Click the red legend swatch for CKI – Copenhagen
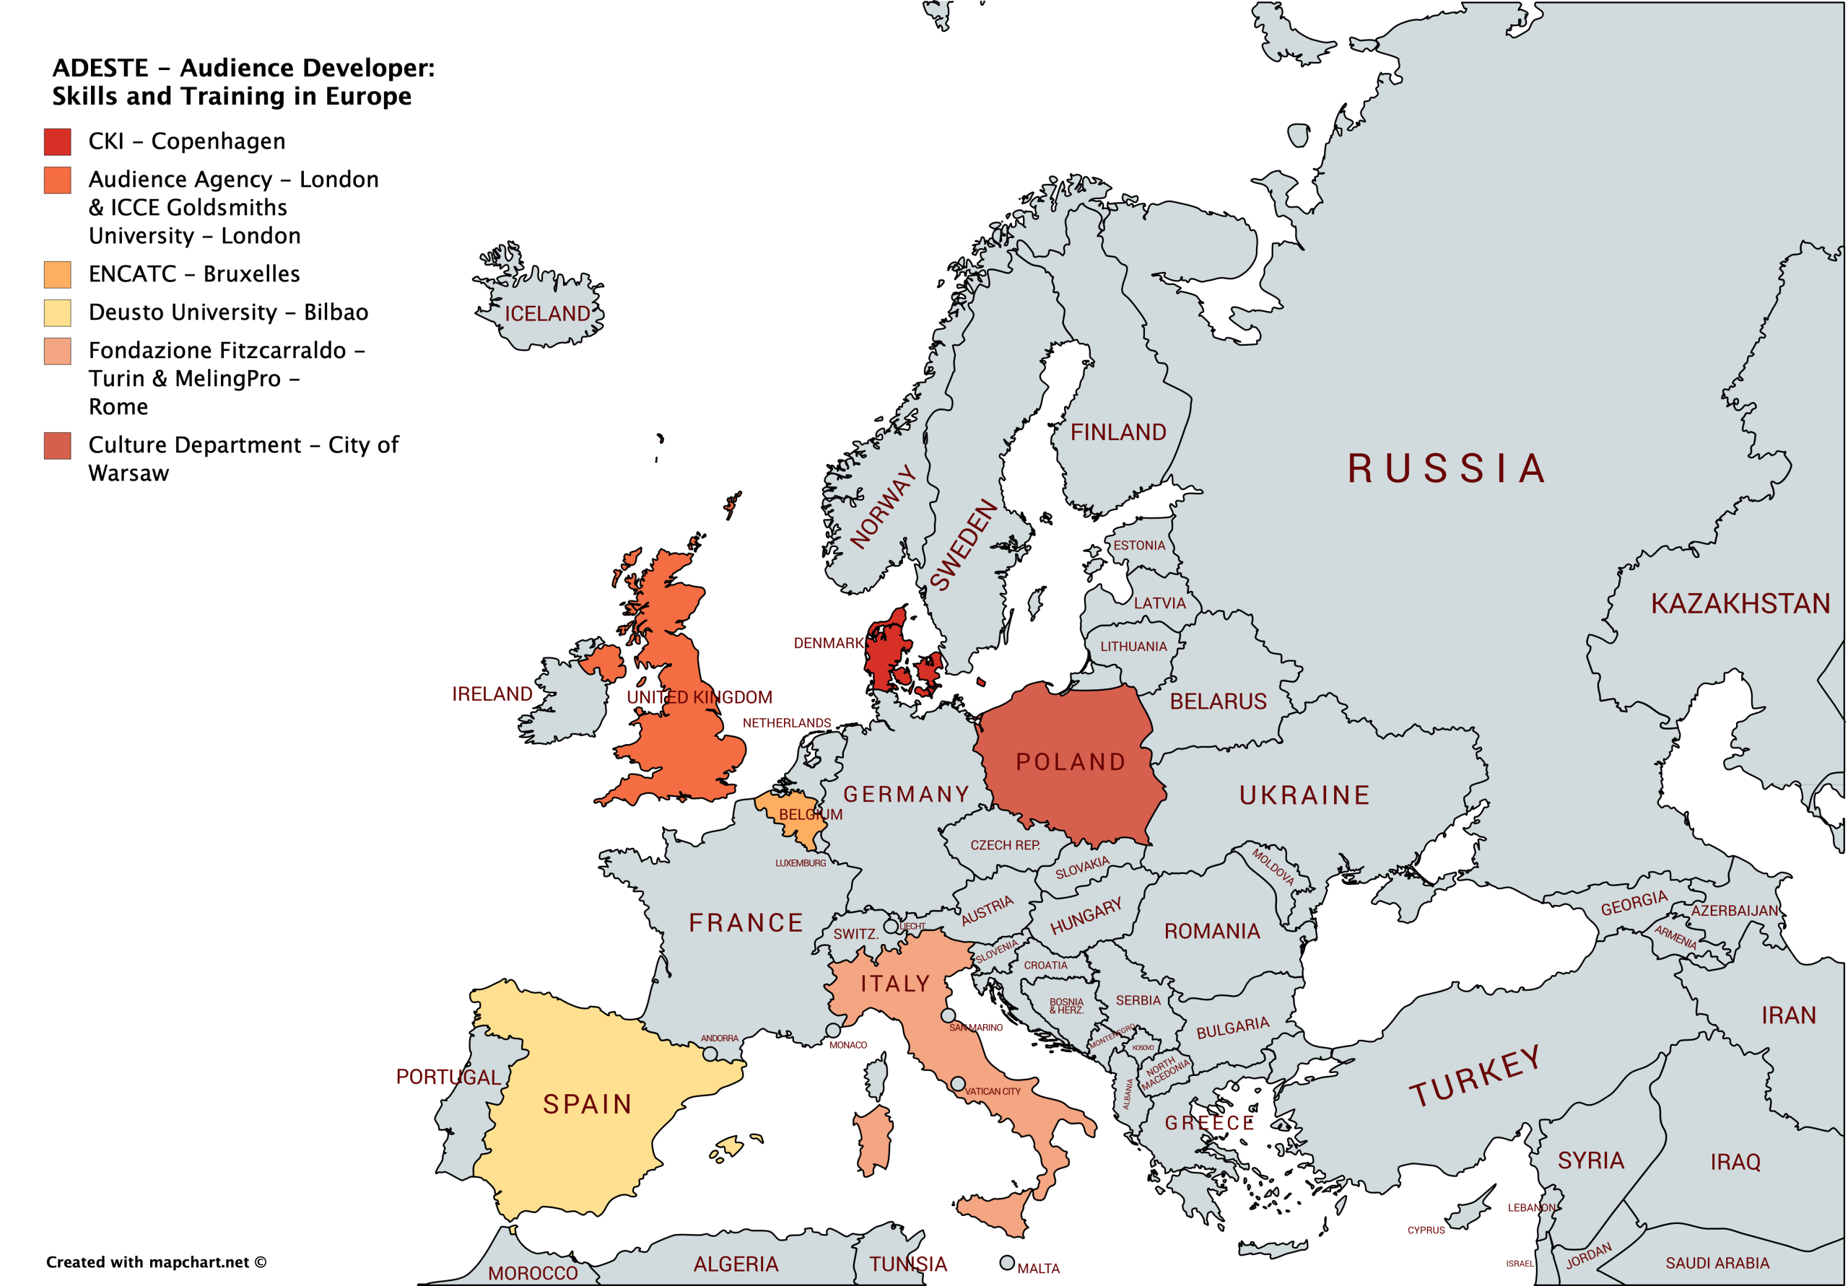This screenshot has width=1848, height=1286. click(57, 141)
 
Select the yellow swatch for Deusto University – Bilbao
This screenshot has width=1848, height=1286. click(57, 312)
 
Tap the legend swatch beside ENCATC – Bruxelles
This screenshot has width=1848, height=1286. click(57, 274)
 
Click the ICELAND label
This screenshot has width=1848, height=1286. click(546, 314)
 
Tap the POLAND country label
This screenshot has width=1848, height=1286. click(1071, 761)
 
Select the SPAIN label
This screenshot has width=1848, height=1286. click(588, 1104)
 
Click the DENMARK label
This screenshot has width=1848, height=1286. click(827, 643)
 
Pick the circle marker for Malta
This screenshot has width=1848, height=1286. click(1007, 1263)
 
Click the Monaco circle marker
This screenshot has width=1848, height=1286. click(833, 1030)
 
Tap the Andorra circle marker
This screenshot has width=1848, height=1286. click(710, 1054)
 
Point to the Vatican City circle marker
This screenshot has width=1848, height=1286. click(958, 1084)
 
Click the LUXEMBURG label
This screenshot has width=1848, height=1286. click(800, 862)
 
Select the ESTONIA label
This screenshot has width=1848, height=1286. click(1139, 546)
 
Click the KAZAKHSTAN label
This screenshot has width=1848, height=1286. click(1740, 603)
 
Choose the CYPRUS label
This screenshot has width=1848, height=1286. click(1426, 1230)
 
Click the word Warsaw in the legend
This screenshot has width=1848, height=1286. click(128, 473)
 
